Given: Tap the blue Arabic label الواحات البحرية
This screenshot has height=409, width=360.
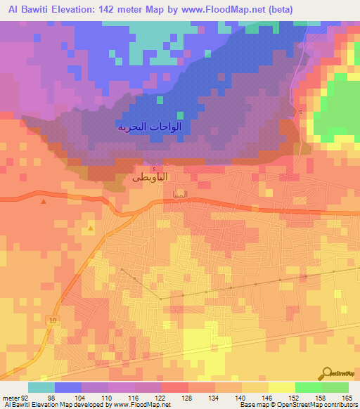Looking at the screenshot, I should point(149,127).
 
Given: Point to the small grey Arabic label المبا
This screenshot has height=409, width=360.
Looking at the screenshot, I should point(179,193).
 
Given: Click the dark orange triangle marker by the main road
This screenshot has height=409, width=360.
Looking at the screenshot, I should point(44,202).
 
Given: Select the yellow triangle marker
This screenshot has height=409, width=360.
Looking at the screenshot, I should point(91,228).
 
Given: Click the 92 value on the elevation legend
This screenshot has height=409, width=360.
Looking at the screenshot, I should point(26,398).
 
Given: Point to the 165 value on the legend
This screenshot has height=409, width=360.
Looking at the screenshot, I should point(346,398).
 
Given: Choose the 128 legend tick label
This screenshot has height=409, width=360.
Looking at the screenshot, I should point(186,398).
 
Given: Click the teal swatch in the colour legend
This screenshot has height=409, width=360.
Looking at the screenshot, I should point(41,387).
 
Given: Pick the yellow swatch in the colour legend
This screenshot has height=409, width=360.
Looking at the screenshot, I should point(282,387).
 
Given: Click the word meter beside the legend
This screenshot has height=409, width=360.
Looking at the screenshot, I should point(10,398).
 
